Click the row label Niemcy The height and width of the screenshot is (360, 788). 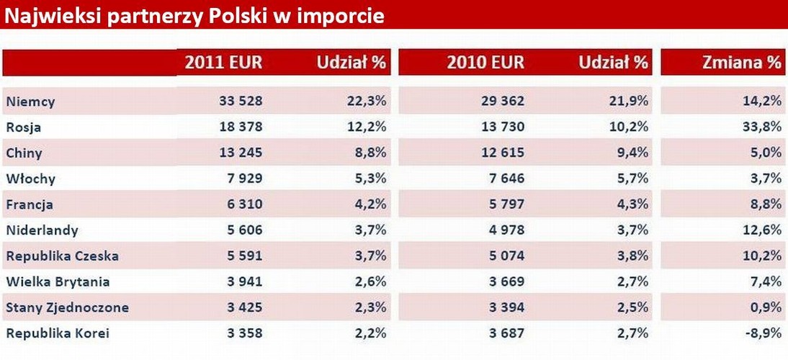pyautogui.click(x=30, y=102)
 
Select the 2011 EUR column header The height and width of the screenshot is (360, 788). pyautogui.click(x=223, y=63)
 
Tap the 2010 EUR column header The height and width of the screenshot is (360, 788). pyautogui.click(x=485, y=63)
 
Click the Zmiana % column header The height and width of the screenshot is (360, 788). pyautogui.click(x=741, y=63)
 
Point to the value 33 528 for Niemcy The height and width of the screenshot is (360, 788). pyautogui.click(x=241, y=102)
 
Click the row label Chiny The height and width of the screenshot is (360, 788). pyautogui.click(x=24, y=153)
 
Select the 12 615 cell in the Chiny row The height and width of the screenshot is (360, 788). pyautogui.click(x=503, y=153)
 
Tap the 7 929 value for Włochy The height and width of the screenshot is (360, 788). pyautogui.click(x=245, y=179)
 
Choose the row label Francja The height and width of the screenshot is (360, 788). pyautogui.click(x=30, y=204)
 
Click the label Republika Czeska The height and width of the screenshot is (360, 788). pyautogui.click(x=62, y=256)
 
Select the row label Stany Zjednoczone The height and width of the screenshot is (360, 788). pyautogui.click(x=67, y=307)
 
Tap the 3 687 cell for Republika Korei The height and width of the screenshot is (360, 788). pyautogui.click(x=507, y=333)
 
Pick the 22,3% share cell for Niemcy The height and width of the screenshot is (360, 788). pyautogui.click(x=366, y=102)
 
